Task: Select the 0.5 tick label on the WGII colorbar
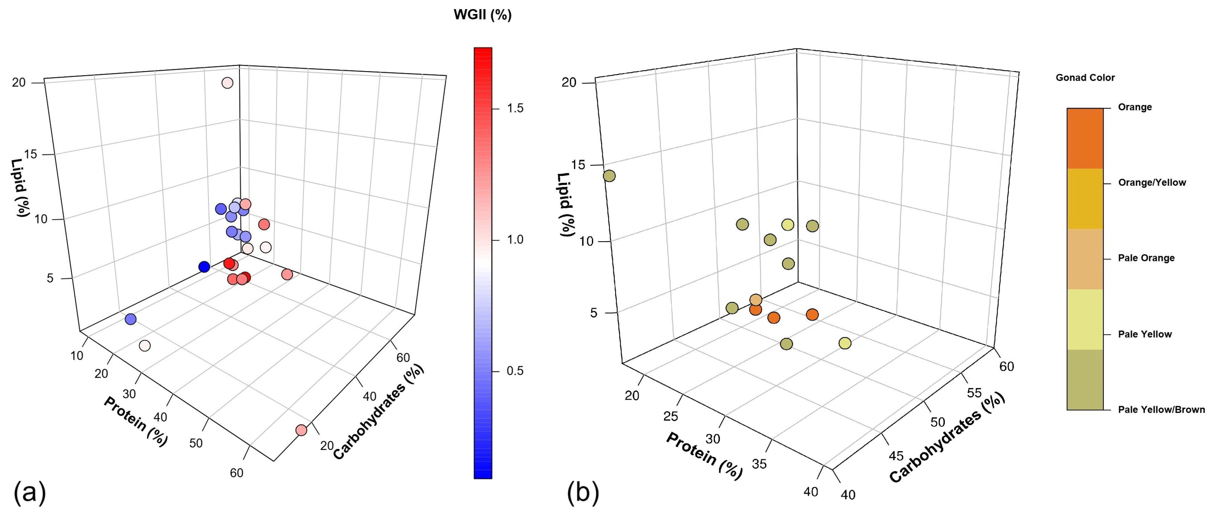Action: (515, 371)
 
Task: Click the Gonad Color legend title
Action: (1085, 78)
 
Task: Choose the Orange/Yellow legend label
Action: (1152, 182)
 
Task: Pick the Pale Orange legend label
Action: (1146, 258)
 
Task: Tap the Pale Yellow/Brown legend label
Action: (1161, 410)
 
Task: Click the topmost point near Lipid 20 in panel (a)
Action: (227, 83)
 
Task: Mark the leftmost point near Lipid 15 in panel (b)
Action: (609, 176)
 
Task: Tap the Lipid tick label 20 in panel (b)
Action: (569, 83)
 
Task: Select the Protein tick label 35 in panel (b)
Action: (759, 464)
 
